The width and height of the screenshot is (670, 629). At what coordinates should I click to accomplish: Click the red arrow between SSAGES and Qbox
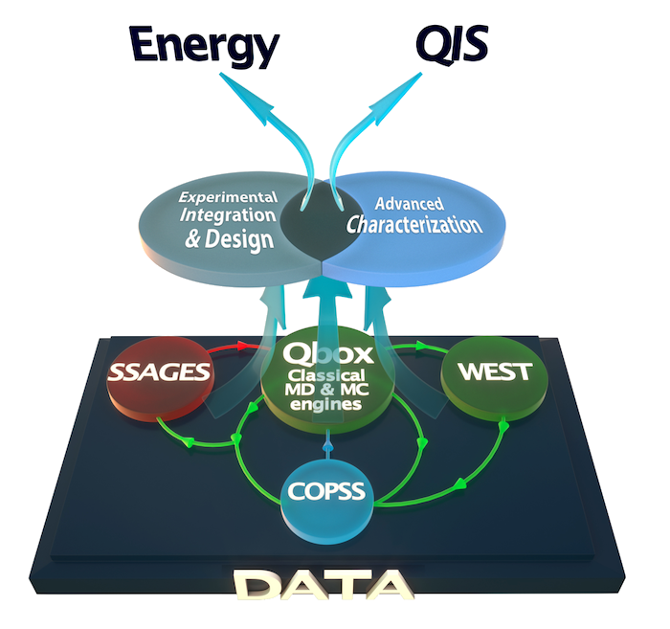(244, 344)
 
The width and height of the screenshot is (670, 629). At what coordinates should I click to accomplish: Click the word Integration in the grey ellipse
(227, 218)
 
